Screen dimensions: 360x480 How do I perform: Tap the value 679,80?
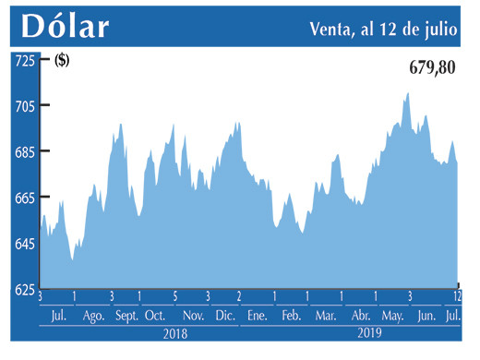coord(432,66)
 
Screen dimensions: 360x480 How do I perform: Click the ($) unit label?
coord(63,61)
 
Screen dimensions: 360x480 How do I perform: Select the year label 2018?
coord(174,332)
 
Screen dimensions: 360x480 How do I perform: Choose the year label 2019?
coord(369,332)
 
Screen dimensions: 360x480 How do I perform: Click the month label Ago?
coord(93,316)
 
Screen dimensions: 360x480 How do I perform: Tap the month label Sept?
coord(127,316)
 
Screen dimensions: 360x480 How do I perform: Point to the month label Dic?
coord(224,316)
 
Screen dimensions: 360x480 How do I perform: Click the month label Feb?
coord(291,316)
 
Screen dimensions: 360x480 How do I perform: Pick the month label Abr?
coord(360,316)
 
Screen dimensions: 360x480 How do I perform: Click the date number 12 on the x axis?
coord(457,296)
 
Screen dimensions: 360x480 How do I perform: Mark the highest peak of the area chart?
coord(407,93)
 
